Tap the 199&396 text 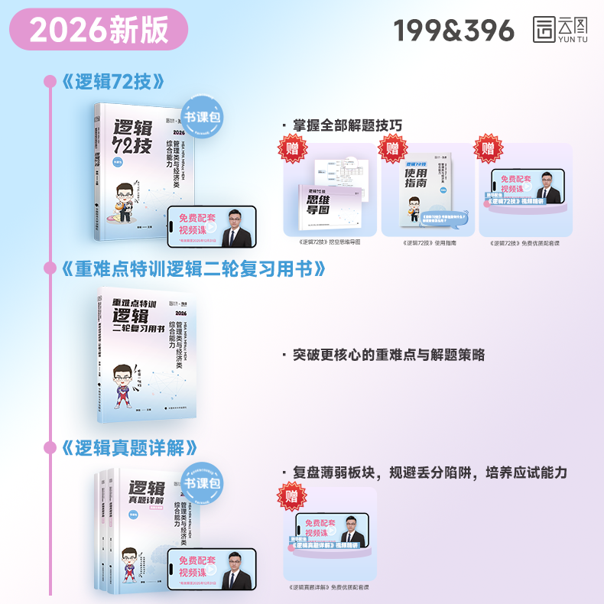[x=454, y=30]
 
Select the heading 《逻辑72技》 [x=112, y=81]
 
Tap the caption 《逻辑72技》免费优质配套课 [x=525, y=242]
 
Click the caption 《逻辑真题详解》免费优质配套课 [x=330, y=587]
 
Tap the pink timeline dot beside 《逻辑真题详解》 [x=50, y=447]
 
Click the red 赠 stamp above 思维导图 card [x=292, y=148]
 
